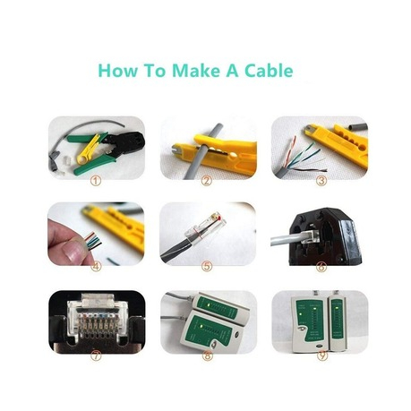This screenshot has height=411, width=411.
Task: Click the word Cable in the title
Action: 269,71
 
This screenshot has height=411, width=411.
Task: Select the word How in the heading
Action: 118,71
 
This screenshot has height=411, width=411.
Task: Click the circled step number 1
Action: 96,180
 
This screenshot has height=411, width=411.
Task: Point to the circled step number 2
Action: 206,180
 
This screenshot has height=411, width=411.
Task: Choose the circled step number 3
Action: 321,180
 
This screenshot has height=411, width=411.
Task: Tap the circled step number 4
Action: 96,266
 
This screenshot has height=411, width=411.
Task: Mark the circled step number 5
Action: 207,266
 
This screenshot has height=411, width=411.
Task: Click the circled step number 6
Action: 321,267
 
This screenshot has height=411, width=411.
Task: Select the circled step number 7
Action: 96,355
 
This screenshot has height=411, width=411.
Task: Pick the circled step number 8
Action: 208,355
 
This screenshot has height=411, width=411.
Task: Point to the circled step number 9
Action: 322,355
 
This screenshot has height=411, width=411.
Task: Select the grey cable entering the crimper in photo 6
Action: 285,240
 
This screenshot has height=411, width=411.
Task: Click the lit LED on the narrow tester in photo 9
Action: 337,308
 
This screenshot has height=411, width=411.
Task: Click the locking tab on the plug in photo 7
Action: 98,299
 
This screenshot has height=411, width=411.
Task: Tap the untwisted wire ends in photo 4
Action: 93,242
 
